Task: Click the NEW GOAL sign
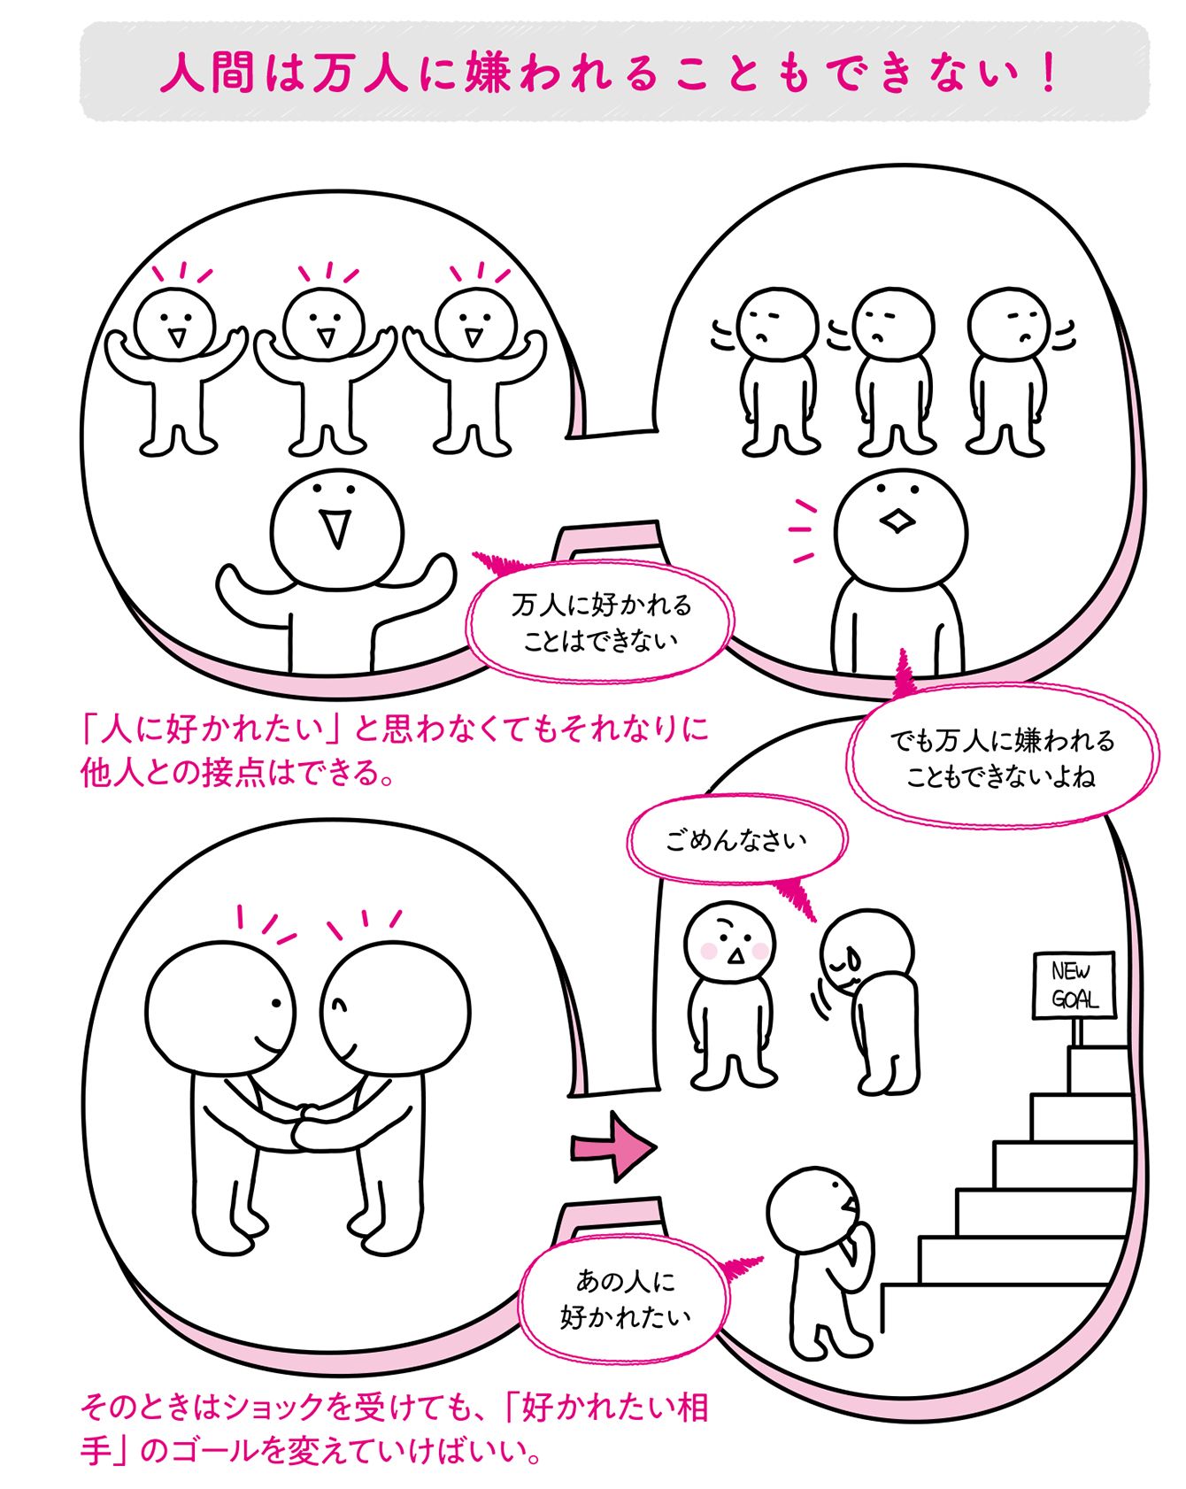click(x=1074, y=985)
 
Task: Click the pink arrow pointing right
click(x=613, y=1148)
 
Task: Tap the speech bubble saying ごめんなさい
click(x=736, y=838)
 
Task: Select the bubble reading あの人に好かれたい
click(x=625, y=1299)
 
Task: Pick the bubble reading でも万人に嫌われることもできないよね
click(x=1002, y=758)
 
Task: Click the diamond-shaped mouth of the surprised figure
click(x=897, y=521)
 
